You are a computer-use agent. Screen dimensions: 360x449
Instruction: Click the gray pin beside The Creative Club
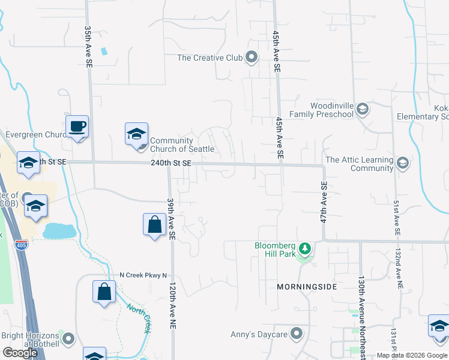pyautogui.click(x=252, y=58)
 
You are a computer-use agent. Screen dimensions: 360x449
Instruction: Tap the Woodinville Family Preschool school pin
pyautogui.click(x=362, y=109)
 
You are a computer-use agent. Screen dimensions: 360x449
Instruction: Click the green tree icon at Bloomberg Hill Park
pyautogui.click(x=305, y=248)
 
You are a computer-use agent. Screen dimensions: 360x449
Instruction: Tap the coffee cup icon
pyautogui.click(x=77, y=127)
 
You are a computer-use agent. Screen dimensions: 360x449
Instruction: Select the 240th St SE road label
pyautogui.click(x=170, y=163)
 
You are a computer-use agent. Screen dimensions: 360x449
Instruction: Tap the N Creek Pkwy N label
pyautogui.click(x=142, y=275)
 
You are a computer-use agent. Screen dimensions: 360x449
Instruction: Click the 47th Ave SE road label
pyautogui.click(x=324, y=204)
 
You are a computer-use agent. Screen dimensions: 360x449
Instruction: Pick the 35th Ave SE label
pyautogui.click(x=88, y=46)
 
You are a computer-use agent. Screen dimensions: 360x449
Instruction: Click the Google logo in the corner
pyautogui.click(x=19, y=353)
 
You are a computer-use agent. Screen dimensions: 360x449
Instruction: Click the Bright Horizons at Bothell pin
pyautogui.click(x=69, y=339)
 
